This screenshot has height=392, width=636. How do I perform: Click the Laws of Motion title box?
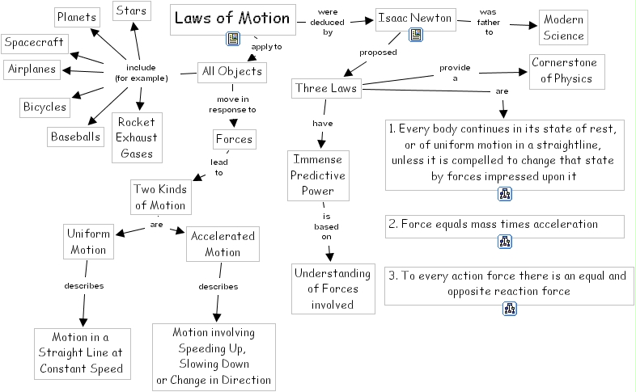tap(232, 19)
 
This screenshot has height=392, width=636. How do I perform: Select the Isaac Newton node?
tap(409, 17)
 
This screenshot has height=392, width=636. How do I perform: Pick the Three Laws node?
tap(327, 87)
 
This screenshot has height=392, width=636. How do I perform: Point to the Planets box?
tap(77, 16)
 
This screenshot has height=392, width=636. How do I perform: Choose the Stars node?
tap(131, 11)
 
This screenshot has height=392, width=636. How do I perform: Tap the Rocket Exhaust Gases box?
tap(136, 137)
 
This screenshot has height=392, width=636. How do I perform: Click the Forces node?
tap(234, 139)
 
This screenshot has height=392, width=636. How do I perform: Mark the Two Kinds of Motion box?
tap(160, 196)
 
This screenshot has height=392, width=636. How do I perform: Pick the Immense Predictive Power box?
tap(318, 175)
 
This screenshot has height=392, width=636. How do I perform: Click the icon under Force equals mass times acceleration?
tap(506, 241)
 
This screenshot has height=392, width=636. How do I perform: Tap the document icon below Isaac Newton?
tap(416, 34)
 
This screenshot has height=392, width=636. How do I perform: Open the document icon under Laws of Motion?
tap(233, 39)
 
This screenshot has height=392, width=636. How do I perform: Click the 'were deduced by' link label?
tap(328, 23)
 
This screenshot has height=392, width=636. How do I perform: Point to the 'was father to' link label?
tap(488, 22)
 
